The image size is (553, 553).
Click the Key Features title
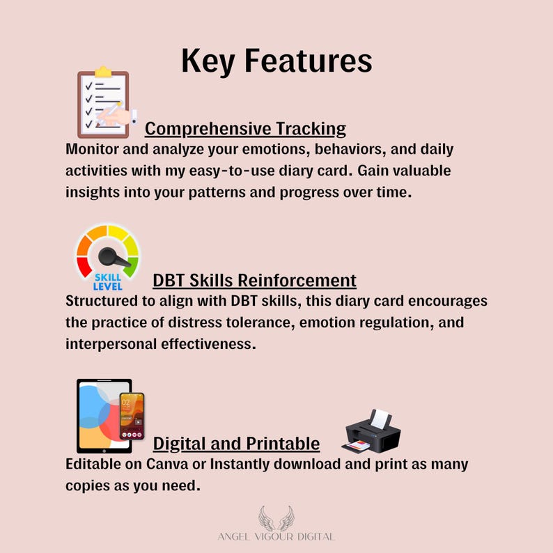point(276,61)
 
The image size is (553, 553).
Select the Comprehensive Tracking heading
point(245,129)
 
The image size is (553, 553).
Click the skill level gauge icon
point(107,256)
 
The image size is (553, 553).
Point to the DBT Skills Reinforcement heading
point(254,280)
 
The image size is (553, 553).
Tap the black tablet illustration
point(101,416)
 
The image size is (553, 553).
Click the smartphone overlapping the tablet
point(132,416)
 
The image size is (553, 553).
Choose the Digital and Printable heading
point(236,444)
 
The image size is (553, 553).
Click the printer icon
point(371,431)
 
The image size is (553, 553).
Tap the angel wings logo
point(276,518)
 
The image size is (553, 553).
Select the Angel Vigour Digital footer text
point(276,537)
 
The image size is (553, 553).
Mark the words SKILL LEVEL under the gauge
point(107,281)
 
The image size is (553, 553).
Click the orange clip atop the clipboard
point(103,71)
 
